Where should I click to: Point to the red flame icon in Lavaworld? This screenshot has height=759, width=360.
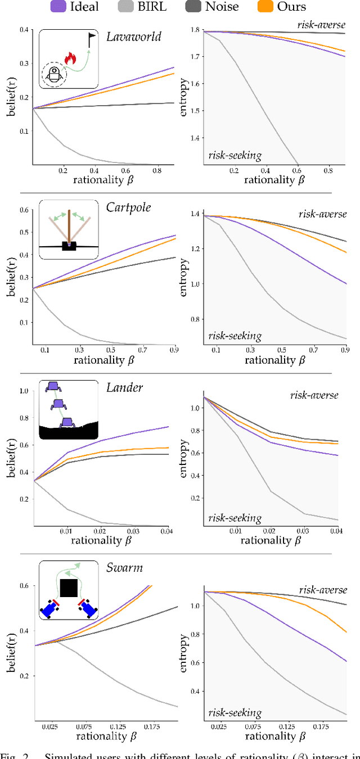point(70,57)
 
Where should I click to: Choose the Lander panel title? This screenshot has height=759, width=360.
point(124,387)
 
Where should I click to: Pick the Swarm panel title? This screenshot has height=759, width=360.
point(124,567)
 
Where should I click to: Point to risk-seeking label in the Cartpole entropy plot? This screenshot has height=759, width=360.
point(235,336)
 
